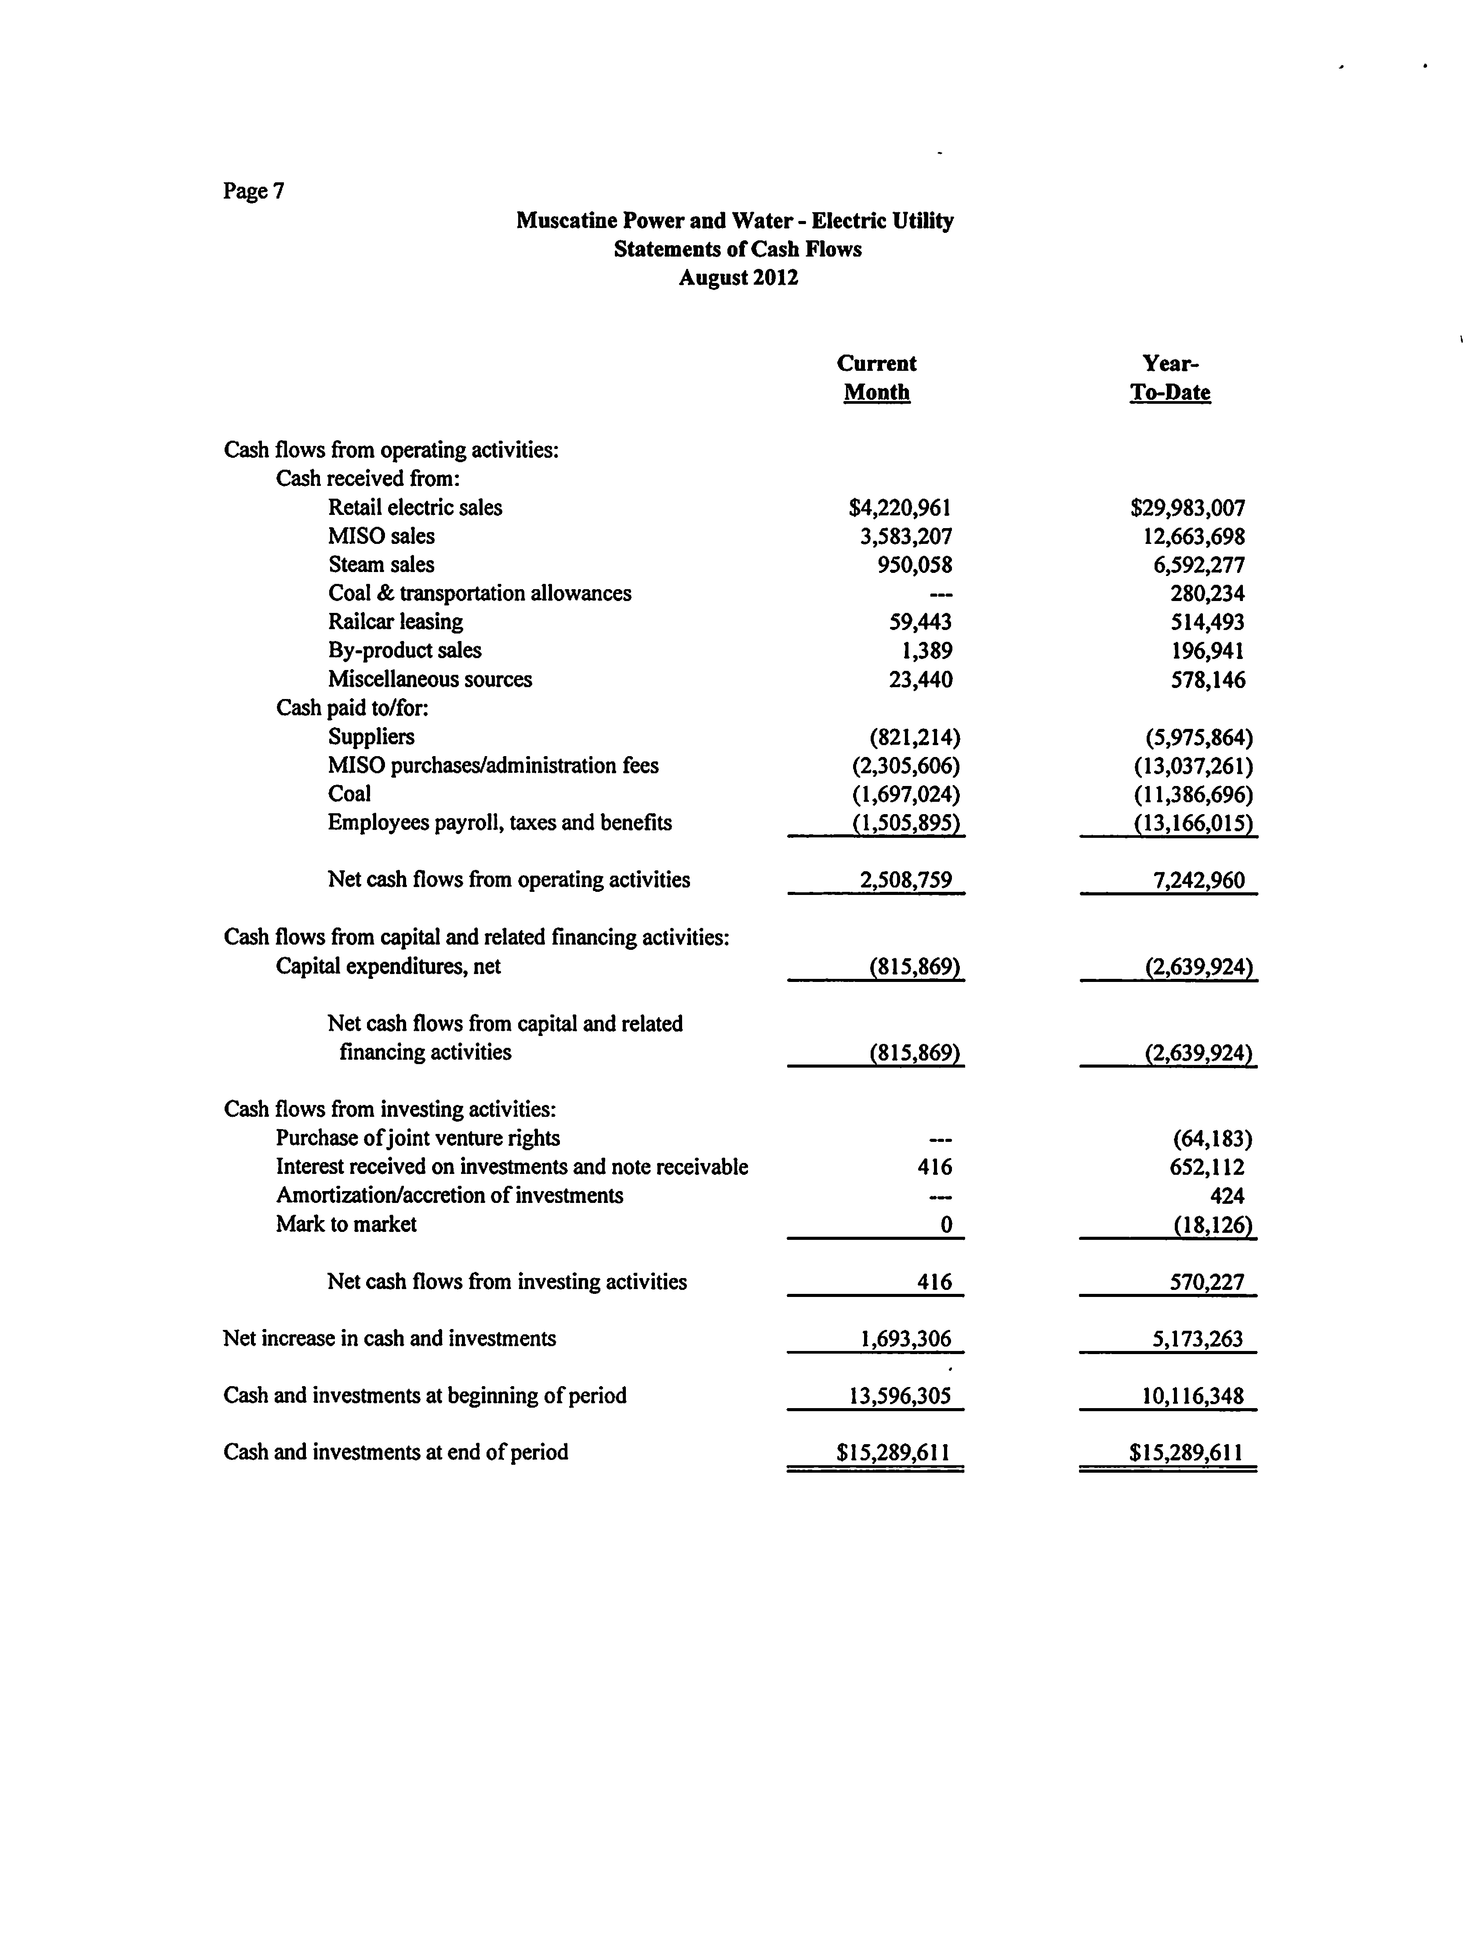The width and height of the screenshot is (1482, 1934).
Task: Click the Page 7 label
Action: tap(253, 192)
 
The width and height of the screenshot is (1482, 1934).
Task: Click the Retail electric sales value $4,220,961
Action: tap(900, 508)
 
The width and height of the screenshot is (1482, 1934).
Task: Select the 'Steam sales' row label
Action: tap(381, 565)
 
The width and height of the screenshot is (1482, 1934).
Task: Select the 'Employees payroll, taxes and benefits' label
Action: tap(499, 823)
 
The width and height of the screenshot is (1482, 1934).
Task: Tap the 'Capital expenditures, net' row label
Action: tap(388, 967)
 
